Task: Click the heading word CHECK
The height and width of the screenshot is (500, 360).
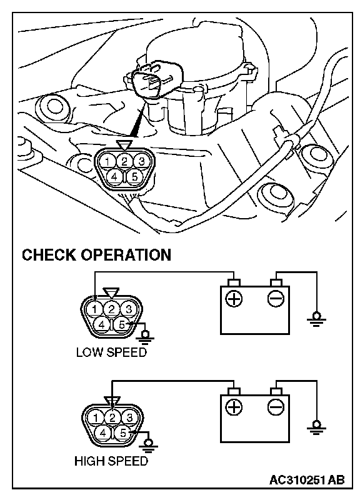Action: tap(49, 255)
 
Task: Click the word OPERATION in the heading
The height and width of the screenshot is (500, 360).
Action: tap(126, 255)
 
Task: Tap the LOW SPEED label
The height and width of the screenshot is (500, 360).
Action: tap(111, 352)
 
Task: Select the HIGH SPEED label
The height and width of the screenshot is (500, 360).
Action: tap(111, 461)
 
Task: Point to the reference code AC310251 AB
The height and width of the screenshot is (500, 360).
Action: tap(307, 479)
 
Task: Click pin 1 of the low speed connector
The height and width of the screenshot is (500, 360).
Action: tap(95, 309)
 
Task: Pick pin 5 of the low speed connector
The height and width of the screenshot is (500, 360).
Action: tap(122, 324)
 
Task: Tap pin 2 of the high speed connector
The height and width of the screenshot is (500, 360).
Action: tap(112, 417)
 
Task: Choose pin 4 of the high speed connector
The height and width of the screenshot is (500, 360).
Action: tap(102, 433)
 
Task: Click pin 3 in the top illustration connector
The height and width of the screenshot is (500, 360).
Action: tap(141, 161)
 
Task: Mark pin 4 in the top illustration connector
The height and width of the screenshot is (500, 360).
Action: tap(114, 176)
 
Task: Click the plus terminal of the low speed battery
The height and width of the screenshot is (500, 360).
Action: tap(234, 299)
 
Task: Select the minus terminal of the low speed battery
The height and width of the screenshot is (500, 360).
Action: tap(276, 299)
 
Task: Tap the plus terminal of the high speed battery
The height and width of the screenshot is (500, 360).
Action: tap(234, 407)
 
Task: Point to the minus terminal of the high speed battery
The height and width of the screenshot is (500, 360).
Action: tap(276, 407)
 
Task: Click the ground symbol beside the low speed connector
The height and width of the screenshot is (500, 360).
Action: tap(146, 337)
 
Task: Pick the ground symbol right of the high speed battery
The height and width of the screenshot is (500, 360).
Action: tap(316, 427)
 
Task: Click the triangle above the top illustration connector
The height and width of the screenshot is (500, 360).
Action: tap(123, 145)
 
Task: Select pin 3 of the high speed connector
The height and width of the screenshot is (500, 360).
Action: tap(129, 417)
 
